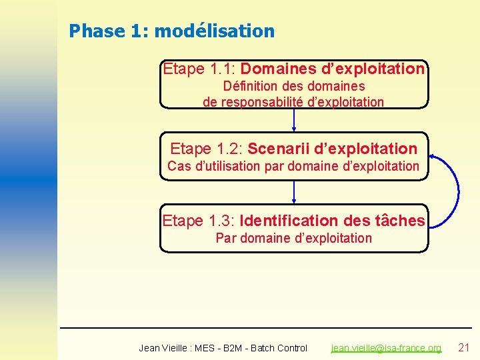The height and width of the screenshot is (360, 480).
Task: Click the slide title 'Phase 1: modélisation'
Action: tap(171, 31)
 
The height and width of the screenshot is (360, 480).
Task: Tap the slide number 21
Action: tap(464, 347)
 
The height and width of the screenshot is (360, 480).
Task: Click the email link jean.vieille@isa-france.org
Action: tap(386, 347)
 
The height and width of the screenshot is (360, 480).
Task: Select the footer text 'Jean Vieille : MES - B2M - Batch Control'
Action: tap(223, 347)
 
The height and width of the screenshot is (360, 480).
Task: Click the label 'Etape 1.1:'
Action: tap(199, 69)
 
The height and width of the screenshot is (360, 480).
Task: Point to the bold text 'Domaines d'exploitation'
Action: tap(332, 69)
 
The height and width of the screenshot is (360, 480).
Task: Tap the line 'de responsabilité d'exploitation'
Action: tap(293, 101)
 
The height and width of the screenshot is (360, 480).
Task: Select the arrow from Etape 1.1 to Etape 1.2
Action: tap(294, 120)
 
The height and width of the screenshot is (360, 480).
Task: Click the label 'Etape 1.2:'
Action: tap(207, 148)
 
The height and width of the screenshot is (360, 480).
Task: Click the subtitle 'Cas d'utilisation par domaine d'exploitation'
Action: tap(293, 166)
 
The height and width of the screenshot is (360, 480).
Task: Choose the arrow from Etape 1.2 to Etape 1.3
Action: tap(294, 192)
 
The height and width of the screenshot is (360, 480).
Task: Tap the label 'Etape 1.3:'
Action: tap(199, 220)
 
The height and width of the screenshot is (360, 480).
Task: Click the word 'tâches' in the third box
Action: tap(400, 220)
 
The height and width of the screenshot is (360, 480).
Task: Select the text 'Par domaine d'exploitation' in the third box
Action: tap(293, 238)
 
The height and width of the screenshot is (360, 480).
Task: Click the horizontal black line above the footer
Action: tap(267, 328)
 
